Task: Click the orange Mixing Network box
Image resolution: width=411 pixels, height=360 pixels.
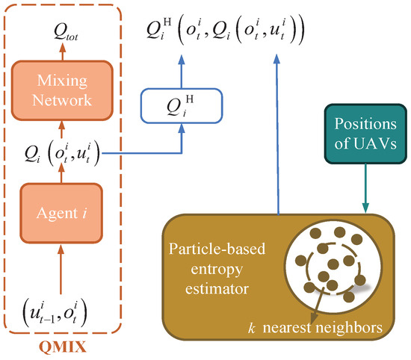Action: click(62, 90)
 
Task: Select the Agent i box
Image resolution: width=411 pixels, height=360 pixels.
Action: click(61, 213)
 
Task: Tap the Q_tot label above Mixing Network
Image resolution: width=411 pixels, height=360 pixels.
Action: click(66, 32)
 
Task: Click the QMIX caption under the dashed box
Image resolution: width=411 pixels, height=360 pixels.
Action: click(63, 347)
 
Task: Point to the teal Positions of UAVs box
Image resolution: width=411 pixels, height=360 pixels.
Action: click(365, 134)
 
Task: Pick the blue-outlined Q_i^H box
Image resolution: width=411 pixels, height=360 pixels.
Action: click(182, 106)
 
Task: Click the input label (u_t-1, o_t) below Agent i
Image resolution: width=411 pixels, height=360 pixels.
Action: click(55, 313)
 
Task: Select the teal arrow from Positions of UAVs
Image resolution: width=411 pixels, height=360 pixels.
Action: click(365, 188)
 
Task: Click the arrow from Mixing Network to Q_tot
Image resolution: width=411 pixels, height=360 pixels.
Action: click(62, 52)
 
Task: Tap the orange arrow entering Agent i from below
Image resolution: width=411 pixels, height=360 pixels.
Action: click(61, 269)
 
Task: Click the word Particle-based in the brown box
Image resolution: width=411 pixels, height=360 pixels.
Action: click(217, 249)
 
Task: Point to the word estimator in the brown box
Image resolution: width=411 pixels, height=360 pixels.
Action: click(217, 289)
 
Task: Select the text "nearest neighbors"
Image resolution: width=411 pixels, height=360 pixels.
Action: click(322, 328)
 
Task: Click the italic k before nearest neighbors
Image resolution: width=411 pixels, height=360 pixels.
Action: click(251, 328)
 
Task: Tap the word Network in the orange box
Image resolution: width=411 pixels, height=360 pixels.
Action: click(62, 100)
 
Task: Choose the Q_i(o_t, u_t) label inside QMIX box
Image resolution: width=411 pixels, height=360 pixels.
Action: click(62, 153)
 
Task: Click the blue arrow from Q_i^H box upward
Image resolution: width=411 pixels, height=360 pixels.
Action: click(182, 71)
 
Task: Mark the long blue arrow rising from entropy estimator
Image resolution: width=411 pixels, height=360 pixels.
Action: click(277, 134)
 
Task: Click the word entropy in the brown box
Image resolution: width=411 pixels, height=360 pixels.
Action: click(217, 270)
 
